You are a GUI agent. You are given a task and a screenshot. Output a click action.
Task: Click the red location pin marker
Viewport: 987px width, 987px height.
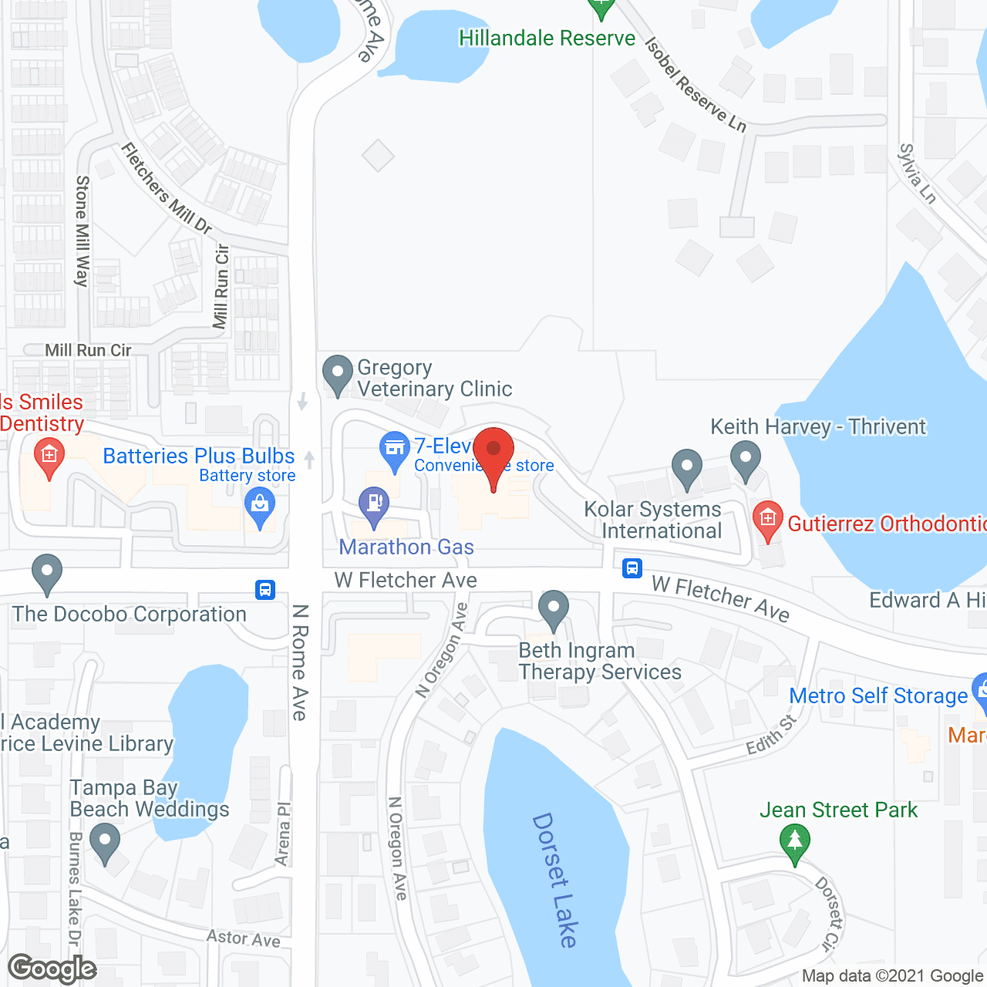pyautogui.click(x=493, y=450)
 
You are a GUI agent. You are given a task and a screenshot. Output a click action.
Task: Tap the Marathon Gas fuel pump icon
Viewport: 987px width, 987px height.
pyautogui.click(x=374, y=504)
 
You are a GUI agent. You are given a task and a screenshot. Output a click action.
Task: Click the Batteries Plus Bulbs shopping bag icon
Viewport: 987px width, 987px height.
pyautogui.click(x=260, y=506)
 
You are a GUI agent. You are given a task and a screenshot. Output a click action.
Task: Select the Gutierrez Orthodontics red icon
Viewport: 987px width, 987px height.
pyautogui.click(x=767, y=518)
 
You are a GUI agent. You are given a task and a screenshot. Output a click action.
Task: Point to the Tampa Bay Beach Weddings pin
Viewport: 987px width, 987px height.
pyautogui.click(x=105, y=841)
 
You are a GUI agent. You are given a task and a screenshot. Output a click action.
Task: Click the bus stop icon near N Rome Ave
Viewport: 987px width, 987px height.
pyautogui.click(x=265, y=590)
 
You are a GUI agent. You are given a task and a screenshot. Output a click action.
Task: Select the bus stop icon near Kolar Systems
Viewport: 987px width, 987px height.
pyautogui.click(x=632, y=569)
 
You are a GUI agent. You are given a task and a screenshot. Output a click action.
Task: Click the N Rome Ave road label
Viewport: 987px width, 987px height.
pyautogui.click(x=300, y=663)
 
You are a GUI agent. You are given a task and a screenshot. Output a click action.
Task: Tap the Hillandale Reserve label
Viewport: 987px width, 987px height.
pyautogui.click(x=547, y=39)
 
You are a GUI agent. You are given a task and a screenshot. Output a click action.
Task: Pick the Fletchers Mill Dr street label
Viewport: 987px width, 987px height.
pyautogui.click(x=167, y=188)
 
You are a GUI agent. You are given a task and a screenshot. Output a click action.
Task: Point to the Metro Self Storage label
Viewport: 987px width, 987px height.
pyautogui.click(x=878, y=696)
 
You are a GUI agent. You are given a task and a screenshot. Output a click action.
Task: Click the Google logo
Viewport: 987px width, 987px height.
pyautogui.click(x=52, y=968)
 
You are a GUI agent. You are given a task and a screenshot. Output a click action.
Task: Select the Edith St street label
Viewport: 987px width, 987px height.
pyautogui.click(x=771, y=736)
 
